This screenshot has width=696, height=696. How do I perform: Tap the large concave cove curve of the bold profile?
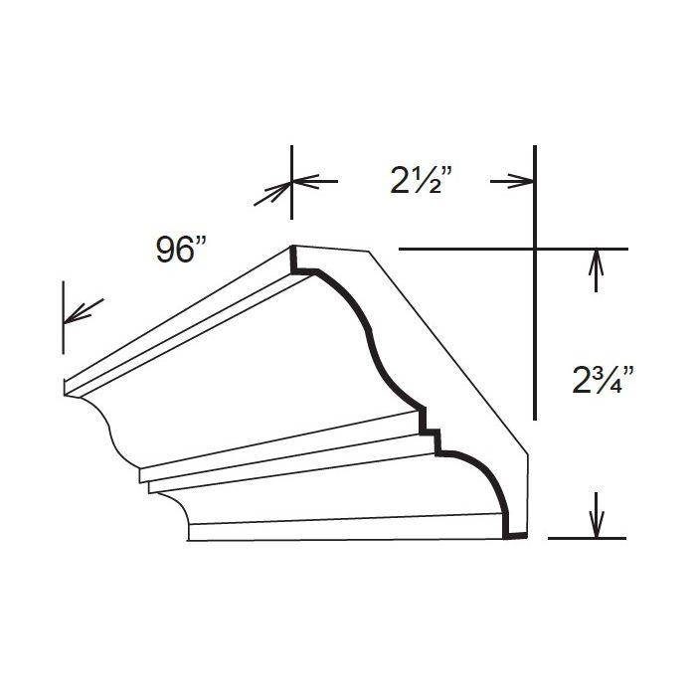368,338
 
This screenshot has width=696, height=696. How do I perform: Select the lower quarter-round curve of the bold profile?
487,477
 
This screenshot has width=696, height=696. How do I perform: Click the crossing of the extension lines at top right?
535,247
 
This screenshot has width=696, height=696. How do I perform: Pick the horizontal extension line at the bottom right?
587,538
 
